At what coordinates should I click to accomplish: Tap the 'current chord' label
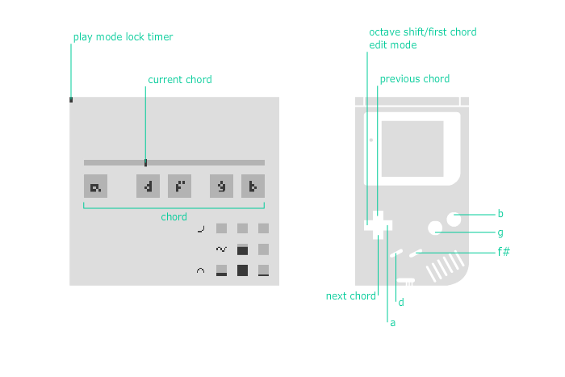(x=180, y=80)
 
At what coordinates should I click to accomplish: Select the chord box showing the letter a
(x=96, y=186)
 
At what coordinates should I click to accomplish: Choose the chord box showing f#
(x=180, y=186)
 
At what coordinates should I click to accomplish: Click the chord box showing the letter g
(x=222, y=186)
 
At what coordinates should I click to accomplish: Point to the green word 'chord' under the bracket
(x=174, y=217)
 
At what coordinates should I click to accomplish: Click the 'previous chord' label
(x=414, y=79)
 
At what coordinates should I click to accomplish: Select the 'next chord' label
(x=350, y=296)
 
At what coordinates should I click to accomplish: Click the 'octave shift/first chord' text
(x=422, y=32)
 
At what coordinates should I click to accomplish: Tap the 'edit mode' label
(x=392, y=45)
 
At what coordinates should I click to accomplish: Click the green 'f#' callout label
(x=504, y=252)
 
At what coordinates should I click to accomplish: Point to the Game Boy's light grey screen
(x=412, y=149)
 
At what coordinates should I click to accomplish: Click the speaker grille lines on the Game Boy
(x=446, y=266)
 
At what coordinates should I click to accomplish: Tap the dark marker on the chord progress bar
(x=145, y=162)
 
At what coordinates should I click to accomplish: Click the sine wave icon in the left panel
(x=221, y=249)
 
